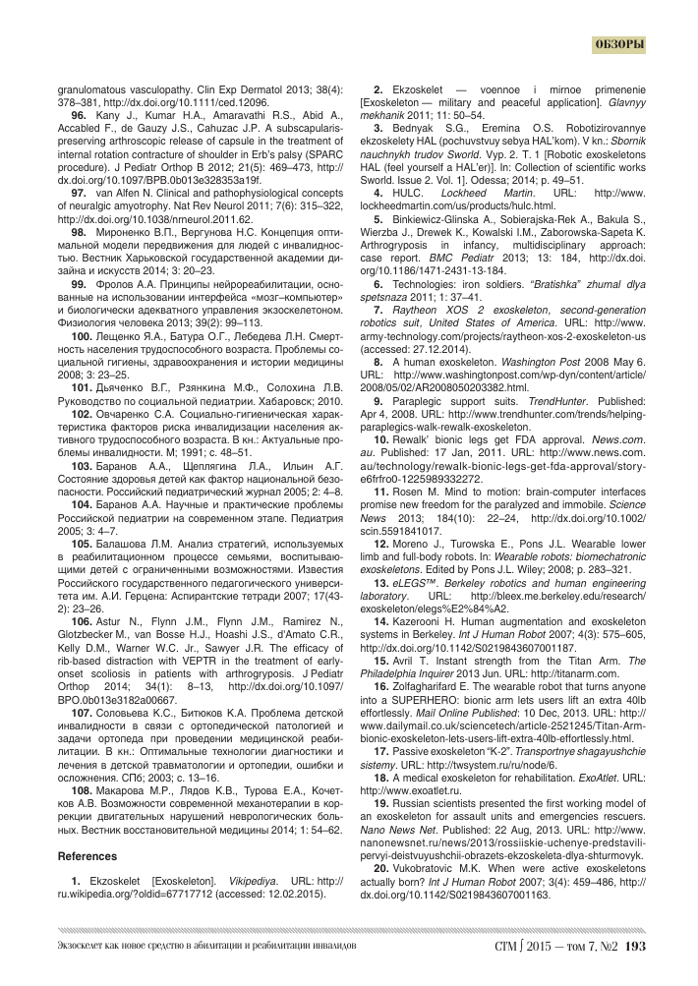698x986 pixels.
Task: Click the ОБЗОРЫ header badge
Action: [620, 44]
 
